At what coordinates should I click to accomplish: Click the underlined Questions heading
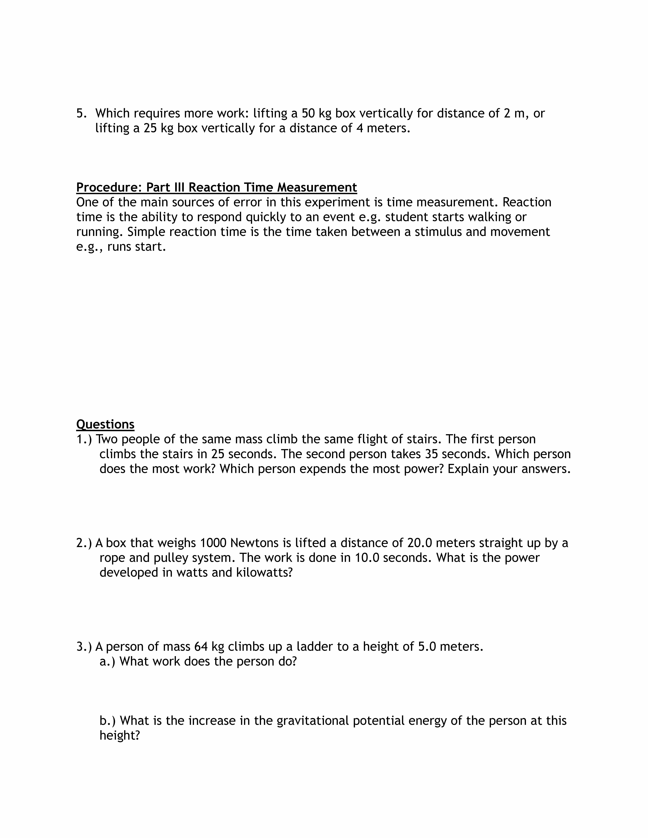coord(105,424)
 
